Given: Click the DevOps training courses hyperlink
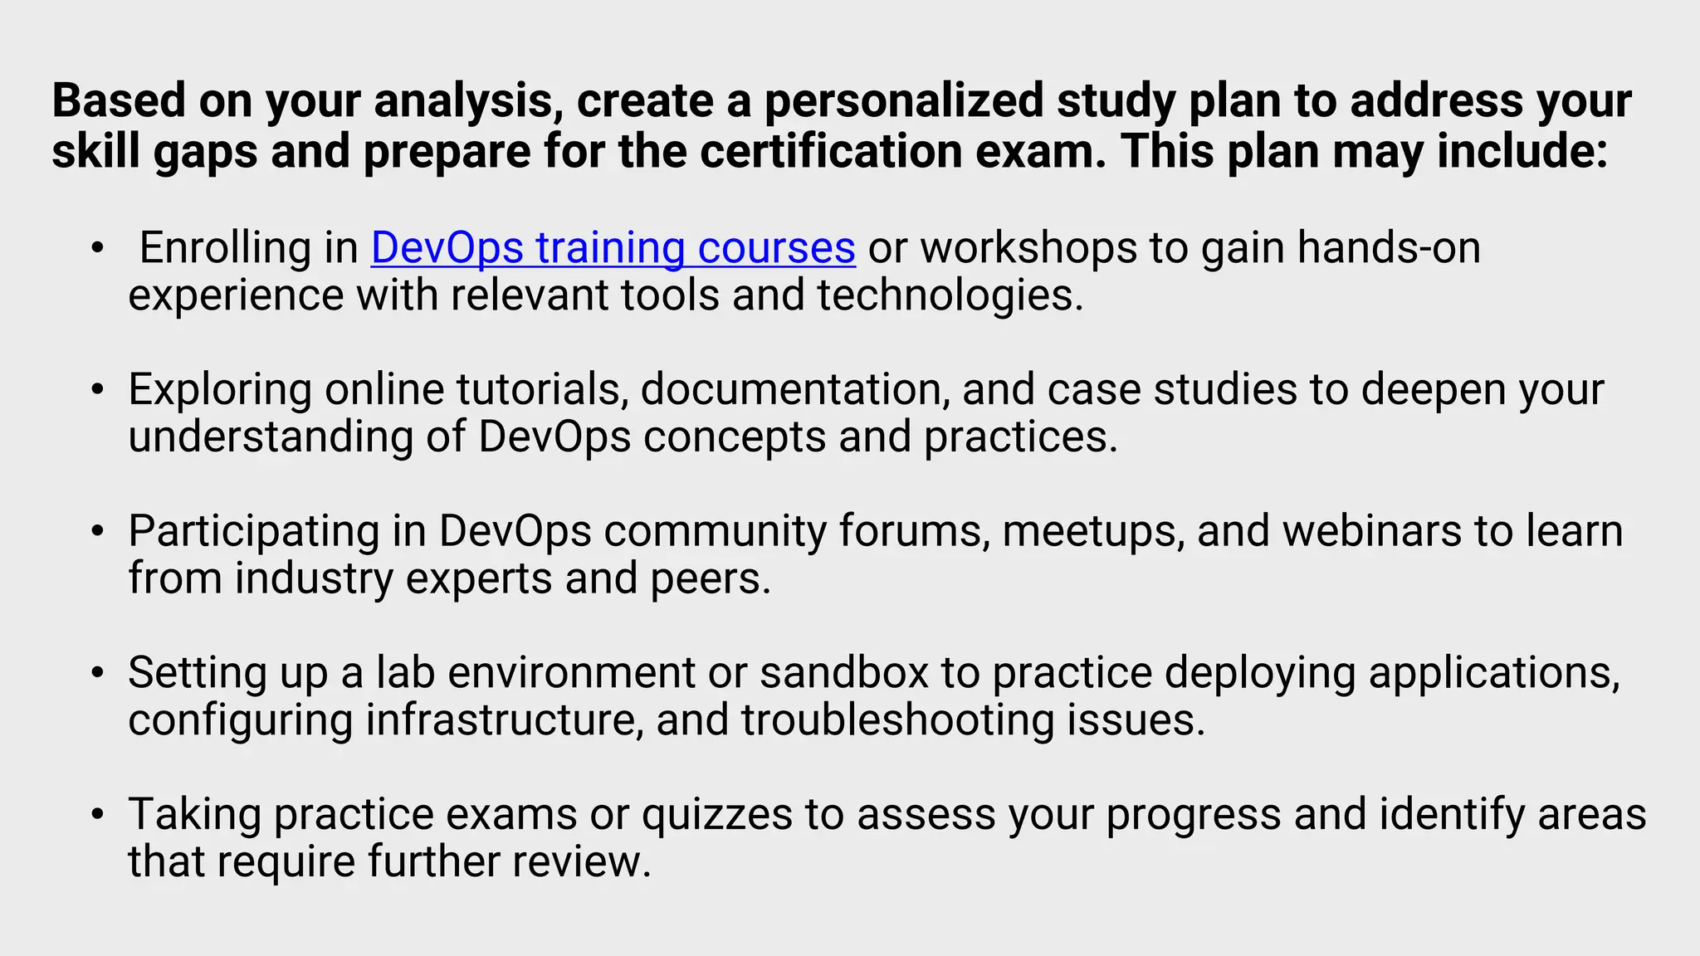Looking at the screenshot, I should point(613,247).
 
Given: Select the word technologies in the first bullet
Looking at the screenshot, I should point(950,295).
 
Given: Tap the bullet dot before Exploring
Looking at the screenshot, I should point(98,389).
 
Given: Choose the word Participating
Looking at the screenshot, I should point(254,531).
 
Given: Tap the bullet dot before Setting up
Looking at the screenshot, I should point(98,672).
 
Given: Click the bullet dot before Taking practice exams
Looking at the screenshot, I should point(98,814).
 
